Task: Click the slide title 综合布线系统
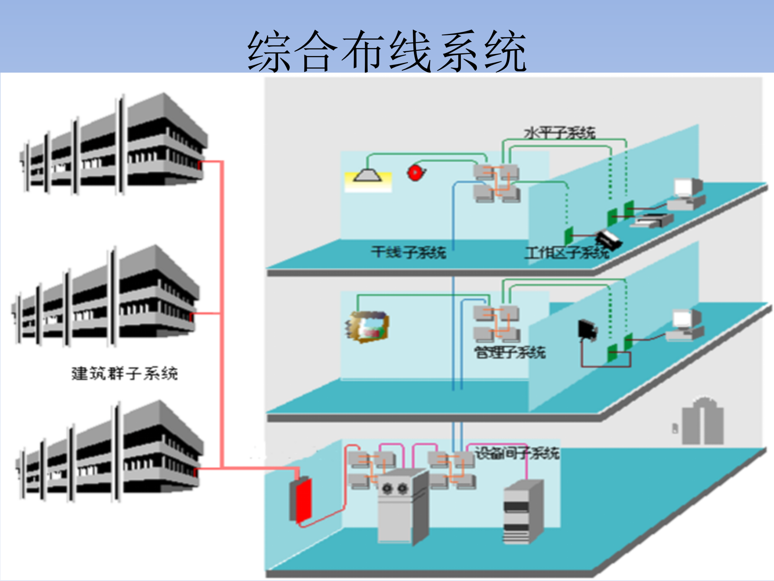pos(387,51)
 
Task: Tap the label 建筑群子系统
pos(125,373)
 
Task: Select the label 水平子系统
pos(560,133)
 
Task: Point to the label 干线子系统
pos(408,252)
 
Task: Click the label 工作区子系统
pos(566,253)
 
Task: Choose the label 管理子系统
pos(510,352)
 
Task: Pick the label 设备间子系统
pos(517,453)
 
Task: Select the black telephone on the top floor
pos(609,239)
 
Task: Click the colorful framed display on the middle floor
pos(368,327)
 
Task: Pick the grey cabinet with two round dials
pos(401,506)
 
